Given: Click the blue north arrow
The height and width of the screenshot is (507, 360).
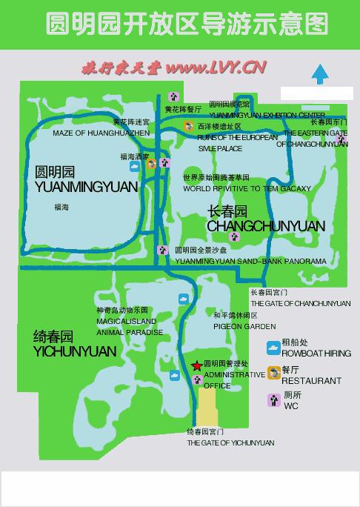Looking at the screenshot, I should [320, 74].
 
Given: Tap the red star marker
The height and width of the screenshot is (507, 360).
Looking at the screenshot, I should [196, 365].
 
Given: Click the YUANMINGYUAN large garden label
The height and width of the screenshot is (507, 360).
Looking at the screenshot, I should [86, 187].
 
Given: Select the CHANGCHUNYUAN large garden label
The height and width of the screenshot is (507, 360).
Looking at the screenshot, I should [266, 225].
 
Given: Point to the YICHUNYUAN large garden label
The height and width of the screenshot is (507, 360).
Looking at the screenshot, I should [75, 351].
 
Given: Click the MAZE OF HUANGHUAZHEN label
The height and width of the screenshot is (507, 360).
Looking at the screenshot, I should [101, 133].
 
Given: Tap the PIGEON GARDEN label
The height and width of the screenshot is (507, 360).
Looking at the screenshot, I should [244, 326].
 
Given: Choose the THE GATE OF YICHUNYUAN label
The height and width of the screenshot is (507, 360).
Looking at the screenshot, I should [230, 443].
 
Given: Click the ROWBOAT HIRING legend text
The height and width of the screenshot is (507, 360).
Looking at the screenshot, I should [316, 354].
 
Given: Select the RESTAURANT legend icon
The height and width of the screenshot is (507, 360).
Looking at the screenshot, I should [273, 374].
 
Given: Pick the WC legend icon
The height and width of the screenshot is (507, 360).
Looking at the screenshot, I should [273, 400].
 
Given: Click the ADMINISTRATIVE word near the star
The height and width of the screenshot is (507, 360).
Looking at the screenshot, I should [234, 375].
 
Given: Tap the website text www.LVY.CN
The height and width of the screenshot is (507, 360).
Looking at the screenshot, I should [216, 68].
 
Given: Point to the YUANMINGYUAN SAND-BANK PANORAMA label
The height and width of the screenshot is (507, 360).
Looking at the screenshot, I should [250, 262].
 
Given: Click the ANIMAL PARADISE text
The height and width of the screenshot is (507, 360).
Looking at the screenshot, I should [130, 332].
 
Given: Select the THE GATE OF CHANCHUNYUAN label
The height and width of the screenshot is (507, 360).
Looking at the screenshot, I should [301, 304].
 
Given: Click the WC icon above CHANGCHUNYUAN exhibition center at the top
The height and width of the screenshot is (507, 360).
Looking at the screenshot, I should [173, 96].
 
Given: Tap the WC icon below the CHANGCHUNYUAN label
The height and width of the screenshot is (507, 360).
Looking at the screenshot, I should [235, 237].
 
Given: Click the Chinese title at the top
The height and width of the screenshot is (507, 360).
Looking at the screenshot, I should [187, 24].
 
